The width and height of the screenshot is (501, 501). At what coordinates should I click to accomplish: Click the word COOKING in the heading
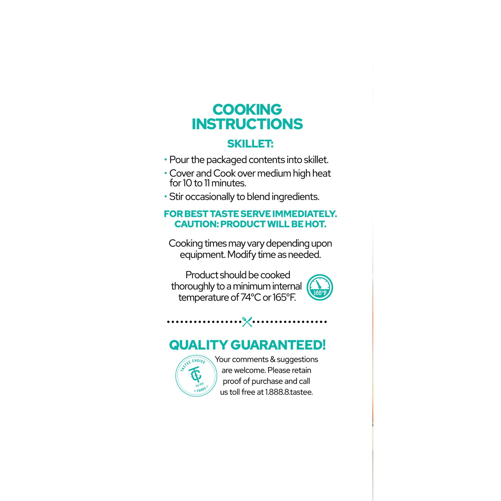[x=247, y=109]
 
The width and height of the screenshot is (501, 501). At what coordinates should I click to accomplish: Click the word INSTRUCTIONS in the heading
[x=247, y=124]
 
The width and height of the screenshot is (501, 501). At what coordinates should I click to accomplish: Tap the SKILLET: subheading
[x=250, y=144]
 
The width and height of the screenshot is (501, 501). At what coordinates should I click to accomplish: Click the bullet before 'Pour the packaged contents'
[x=165, y=160]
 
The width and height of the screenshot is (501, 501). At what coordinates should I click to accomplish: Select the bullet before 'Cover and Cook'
[x=165, y=173]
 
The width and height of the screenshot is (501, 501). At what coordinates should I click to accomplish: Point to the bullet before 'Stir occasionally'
[x=165, y=197]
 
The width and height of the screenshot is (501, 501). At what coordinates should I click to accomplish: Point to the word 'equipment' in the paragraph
[x=202, y=255]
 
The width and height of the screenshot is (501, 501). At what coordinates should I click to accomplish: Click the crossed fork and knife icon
[x=247, y=322]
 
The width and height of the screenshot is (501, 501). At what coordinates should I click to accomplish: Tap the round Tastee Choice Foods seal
[x=196, y=375]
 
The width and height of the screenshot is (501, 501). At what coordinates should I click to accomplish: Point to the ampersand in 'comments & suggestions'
[x=272, y=360]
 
